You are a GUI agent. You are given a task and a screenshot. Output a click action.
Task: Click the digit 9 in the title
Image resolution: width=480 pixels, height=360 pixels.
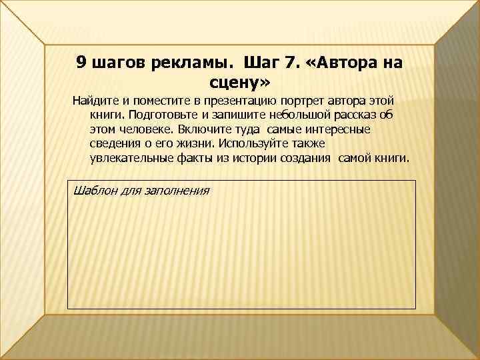pos(80,63)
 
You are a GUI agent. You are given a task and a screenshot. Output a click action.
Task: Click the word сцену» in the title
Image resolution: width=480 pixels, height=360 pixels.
pos(240,83)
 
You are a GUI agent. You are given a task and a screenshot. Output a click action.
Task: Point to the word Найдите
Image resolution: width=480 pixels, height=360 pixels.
pos(94,101)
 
